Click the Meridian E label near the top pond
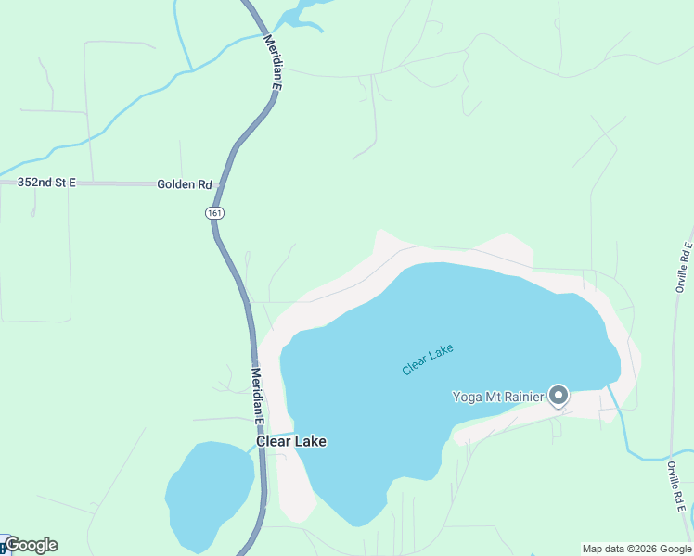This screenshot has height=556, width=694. (271, 62)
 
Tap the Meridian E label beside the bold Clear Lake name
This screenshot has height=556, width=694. (257, 396)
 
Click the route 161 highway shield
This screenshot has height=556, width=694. (214, 213)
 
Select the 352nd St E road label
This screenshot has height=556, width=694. (46, 183)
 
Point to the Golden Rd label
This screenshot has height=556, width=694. (185, 184)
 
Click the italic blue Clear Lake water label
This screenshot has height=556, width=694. (428, 360)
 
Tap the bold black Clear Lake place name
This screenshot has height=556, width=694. (291, 442)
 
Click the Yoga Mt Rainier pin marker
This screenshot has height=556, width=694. (559, 396)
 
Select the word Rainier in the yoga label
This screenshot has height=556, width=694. (523, 398)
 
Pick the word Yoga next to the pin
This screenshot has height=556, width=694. (469, 398)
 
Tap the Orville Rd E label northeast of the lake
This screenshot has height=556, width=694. (682, 268)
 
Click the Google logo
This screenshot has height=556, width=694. (31, 545)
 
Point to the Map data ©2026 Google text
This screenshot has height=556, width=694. (636, 549)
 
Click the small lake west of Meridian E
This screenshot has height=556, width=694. (209, 491)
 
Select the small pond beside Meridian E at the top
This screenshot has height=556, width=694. (297, 14)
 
